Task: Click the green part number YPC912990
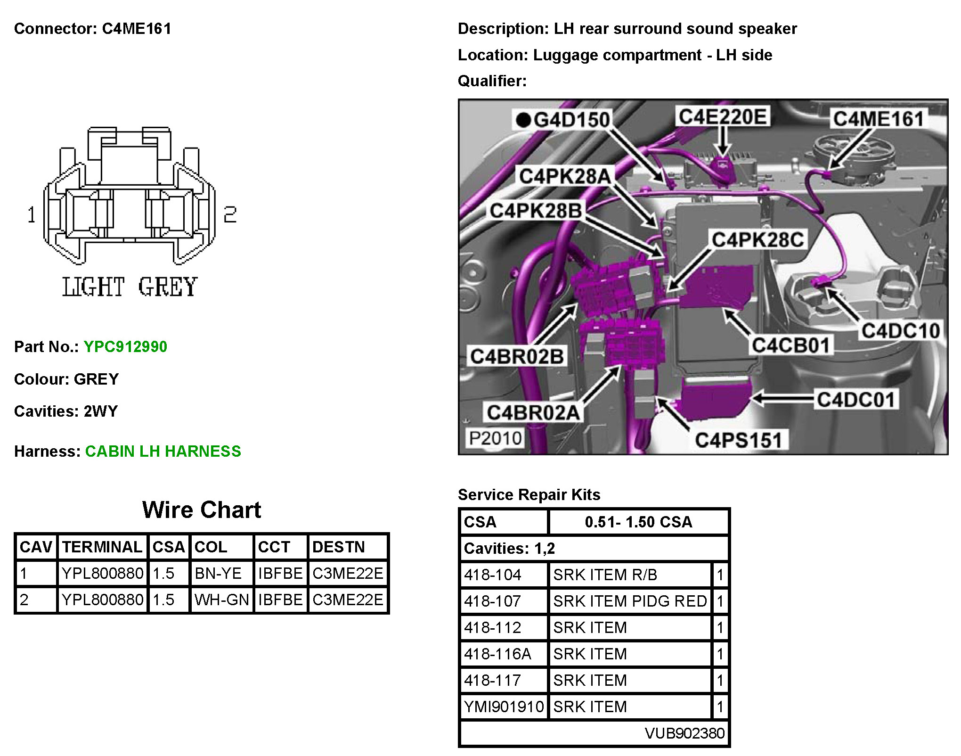pyautogui.click(x=125, y=347)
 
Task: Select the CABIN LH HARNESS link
pyautogui.click(x=163, y=452)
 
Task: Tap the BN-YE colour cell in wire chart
pyautogui.click(x=218, y=574)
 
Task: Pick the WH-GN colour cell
pyautogui.click(x=221, y=600)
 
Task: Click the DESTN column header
pyautogui.click(x=338, y=547)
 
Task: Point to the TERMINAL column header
pyautogui.click(x=102, y=547)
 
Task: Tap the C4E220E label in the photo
pyautogui.click(x=723, y=116)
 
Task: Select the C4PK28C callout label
pyautogui.click(x=757, y=240)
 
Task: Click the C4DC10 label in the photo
pyautogui.click(x=900, y=331)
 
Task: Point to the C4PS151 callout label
pyautogui.click(x=738, y=440)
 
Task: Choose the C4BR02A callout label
pyautogui.click(x=533, y=413)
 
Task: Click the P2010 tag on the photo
pyautogui.click(x=495, y=438)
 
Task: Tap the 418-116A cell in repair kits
pyautogui.click(x=497, y=654)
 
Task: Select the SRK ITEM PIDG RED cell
pyautogui.click(x=630, y=601)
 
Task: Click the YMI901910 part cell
pyautogui.click(x=504, y=707)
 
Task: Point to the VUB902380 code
pyautogui.click(x=684, y=733)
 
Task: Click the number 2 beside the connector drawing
pyautogui.click(x=230, y=215)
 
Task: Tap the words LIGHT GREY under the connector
pyautogui.click(x=130, y=287)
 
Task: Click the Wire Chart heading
pyautogui.click(x=202, y=510)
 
